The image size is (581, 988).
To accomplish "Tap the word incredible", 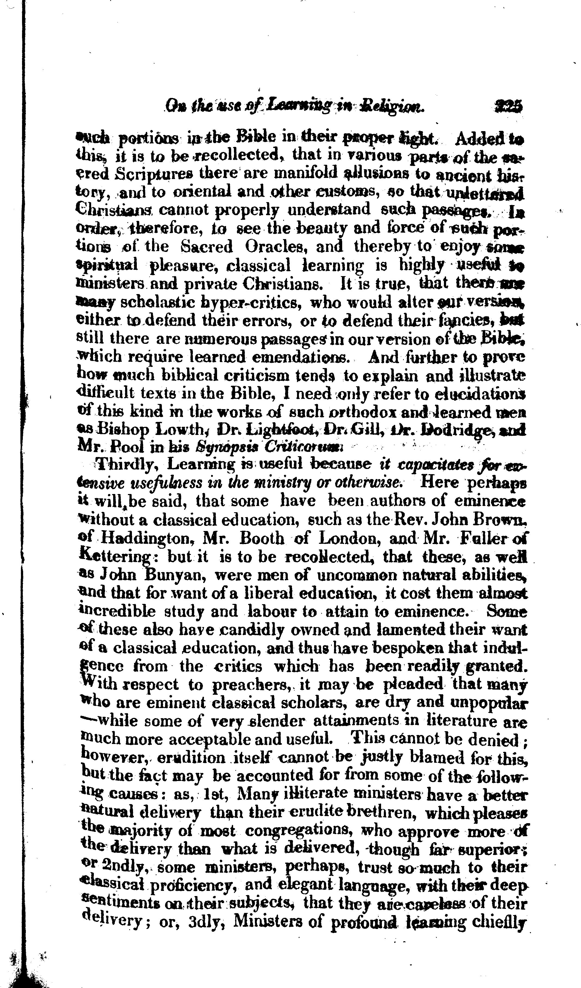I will click(x=118, y=612).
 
